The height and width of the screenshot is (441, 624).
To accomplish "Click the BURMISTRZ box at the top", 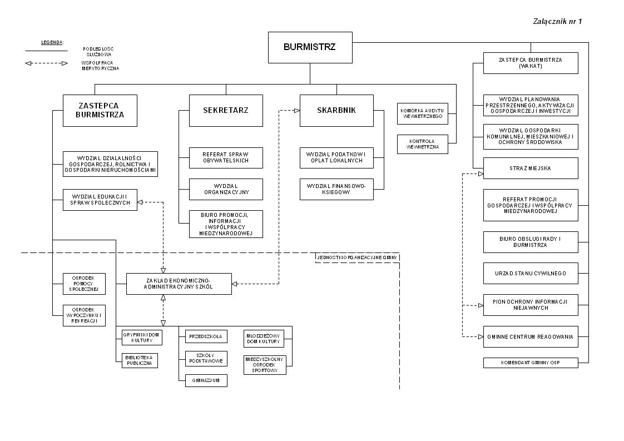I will coord(310,47).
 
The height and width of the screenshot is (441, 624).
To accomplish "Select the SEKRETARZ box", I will coord(225,110).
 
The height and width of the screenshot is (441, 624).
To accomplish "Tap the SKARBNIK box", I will coord(336,110).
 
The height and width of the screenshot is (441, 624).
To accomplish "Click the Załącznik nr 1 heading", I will coord(557,22).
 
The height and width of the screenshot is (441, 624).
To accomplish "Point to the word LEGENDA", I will coord(52,42).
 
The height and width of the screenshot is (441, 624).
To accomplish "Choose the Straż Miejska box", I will coord(531,168).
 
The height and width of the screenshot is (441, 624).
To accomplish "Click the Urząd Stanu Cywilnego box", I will coord(531,273).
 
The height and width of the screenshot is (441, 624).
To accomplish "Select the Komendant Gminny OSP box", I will coord(531,363).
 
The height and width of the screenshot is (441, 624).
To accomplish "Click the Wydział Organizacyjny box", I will coord(225,189).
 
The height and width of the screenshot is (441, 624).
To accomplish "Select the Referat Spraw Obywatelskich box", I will coord(225,157).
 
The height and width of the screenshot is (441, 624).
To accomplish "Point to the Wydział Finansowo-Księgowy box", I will coord(336,189).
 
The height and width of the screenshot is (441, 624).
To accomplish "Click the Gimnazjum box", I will coord(206,380).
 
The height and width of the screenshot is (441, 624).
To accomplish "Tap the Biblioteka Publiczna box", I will coord(140,360).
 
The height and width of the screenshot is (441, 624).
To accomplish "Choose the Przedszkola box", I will coord(206,336).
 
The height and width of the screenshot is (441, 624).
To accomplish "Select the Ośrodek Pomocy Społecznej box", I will coord(84,284).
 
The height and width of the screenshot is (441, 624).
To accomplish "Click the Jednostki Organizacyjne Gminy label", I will coord(357,257).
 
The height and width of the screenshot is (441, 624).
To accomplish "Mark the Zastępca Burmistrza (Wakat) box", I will coord(531,63).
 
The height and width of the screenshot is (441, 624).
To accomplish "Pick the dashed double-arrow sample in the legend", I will coord(46,63).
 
